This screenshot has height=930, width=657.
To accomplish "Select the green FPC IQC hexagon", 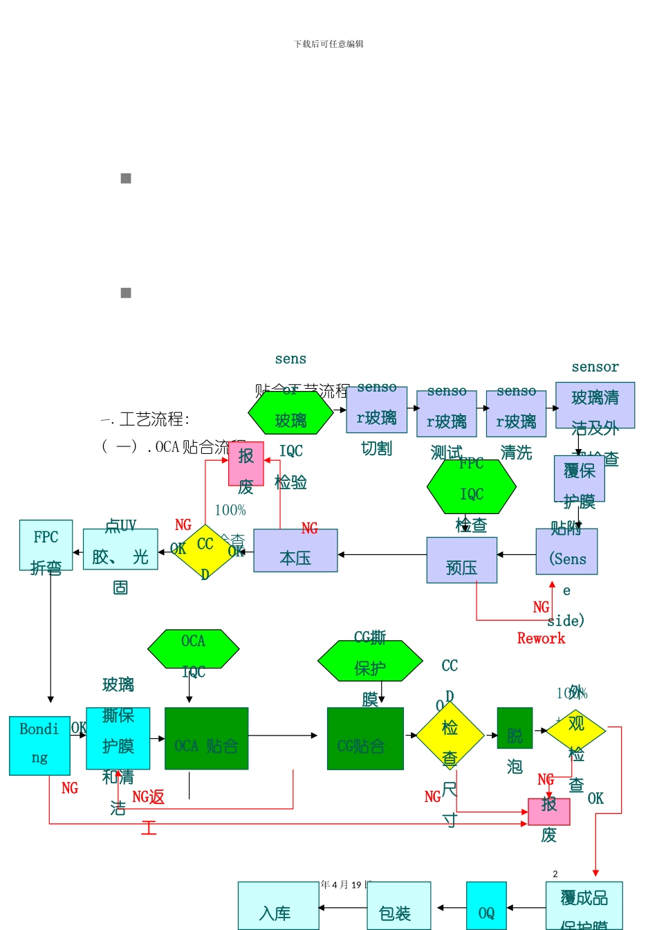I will pyautogui.click(x=472, y=487).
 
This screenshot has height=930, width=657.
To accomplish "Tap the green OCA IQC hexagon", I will pyautogui.click(x=194, y=649).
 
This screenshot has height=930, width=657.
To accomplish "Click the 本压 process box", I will pyautogui.click(x=295, y=551).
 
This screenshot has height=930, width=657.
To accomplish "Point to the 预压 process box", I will pyautogui.click(x=461, y=560).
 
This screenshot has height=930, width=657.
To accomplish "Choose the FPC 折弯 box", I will pyautogui.click(x=46, y=545).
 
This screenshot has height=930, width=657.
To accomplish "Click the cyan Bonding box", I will pyautogui.click(x=39, y=745).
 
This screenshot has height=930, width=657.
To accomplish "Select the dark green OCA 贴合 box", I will pyautogui.click(x=206, y=738).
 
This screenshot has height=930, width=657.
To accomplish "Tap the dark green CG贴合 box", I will pyautogui.click(x=365, y=738).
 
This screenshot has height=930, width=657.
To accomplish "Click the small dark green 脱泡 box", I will pyautogui.click(x=515, y=728).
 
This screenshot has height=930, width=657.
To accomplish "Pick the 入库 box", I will pyautogui.click(x=278, y=906).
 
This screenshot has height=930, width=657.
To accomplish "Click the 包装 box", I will pyautogui.click(x=398, y=906).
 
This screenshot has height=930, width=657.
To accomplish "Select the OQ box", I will pyautogui.click(x=486, y=906).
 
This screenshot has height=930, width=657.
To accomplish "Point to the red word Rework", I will pyautogui.click(x=541, y=639).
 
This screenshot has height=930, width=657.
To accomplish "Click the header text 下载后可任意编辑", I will pyautogui.click(x=328, y=44).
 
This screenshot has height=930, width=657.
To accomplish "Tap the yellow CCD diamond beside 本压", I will pyautogui.click(x=205, y=551).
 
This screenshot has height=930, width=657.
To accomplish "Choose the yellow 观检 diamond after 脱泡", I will pyautogui.click(x=576, y=730).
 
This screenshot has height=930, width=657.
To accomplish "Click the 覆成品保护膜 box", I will pyautogui.click(x=584, y=906).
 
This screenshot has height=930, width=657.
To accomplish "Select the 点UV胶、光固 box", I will pyautogui.click(x=120, y=549).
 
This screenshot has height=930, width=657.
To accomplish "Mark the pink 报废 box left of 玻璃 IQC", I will pyautogui.click(x=246, y=464).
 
